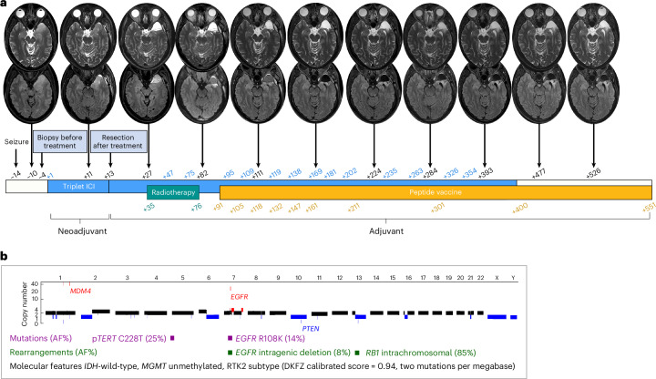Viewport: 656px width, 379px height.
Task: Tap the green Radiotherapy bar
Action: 172,192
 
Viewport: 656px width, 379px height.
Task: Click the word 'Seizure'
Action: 14,140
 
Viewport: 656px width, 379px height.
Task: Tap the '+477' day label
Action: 539,170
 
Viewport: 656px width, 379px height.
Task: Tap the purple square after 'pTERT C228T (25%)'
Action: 171,338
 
